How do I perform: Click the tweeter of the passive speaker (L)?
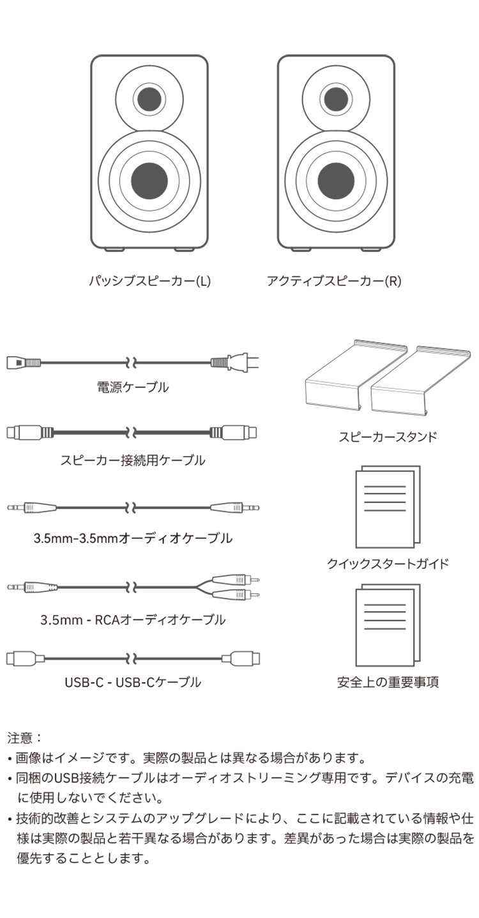pyautogui.click(x=149, y=99)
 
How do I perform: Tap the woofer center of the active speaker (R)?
pyautogui.click(x=336, y=181)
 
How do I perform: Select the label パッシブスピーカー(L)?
pyautogui.click(x=150, y=281)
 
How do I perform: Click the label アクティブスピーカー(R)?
pyautogui.click(x=333, y=281)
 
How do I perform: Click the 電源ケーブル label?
pyautogui.click(x=133, y=387)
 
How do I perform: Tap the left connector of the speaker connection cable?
pyautogui.click(x=30, y=432)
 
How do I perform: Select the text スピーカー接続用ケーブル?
pyautogui.click(x=133, y=460)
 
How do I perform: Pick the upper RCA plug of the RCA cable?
pyautogui.click(x=236, y=580)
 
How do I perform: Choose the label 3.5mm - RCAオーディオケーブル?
pyautogui.click(x=133, y=619)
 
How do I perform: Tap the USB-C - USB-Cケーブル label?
pyautogui.click(x=133, y=682)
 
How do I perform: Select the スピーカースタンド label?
pyautogui.click(x=388, y=437)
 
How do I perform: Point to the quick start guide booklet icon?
pyautogui.click(x=388, y=506)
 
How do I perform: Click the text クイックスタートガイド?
pyautogui.click(x=388, y=564)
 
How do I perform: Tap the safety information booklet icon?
pyautogui.click(x=388, y=625)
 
